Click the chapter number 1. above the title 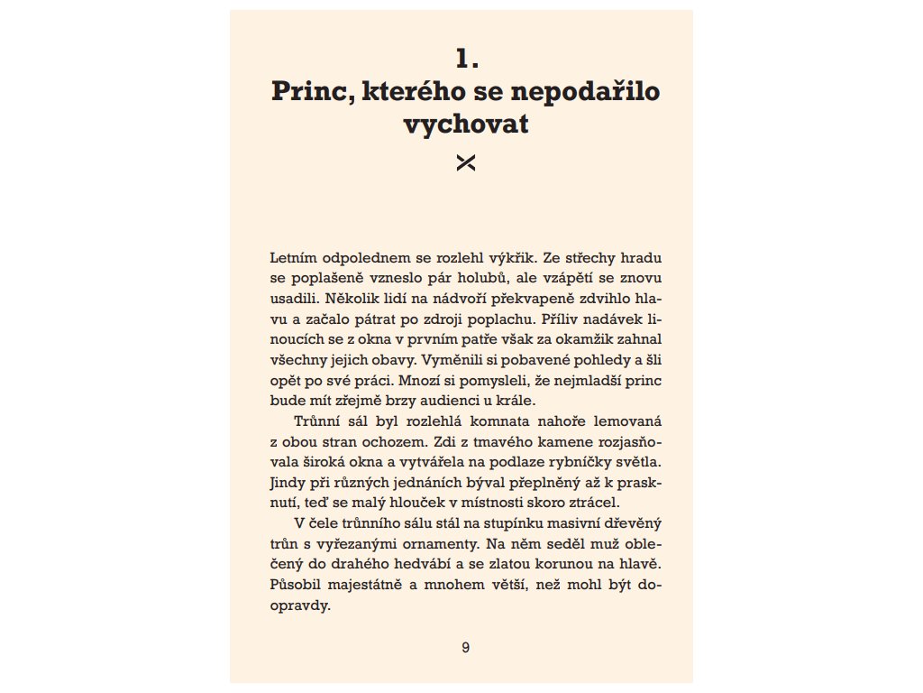(465, 60)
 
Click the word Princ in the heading (306, 93)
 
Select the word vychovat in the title (465, 125)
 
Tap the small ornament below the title (465, 162)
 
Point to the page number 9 (465, 647)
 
